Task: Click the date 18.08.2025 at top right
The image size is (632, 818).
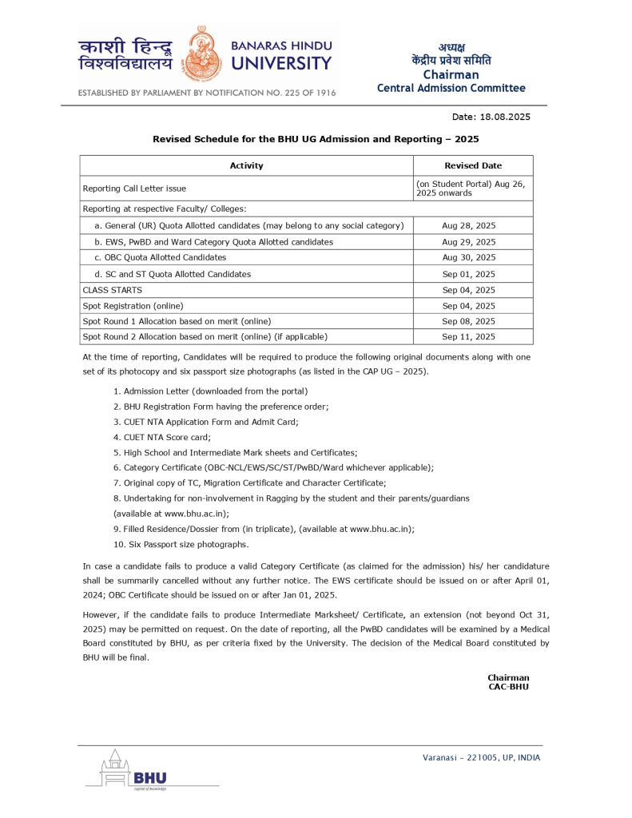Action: (x=502, y=117)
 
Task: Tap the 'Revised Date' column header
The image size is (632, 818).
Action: (x=473, y=165)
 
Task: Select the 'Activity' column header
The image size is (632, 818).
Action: (x=246, y=165)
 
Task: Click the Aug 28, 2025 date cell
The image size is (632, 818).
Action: (x=469, y=226)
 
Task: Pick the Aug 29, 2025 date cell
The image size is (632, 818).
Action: (x=469, y=242)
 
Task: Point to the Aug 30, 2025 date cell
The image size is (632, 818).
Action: (x=469, y=258)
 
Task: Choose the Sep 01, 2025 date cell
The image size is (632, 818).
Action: (x=469, y=274)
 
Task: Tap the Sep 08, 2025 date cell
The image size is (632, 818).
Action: (x=469, y=321)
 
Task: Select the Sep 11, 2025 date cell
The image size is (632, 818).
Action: (x=469, y=337)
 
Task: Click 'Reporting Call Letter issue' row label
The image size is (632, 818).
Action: (x=134, y=189)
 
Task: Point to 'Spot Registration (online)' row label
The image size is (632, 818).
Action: (x=133, y=306)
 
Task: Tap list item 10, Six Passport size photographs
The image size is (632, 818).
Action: (x=181, y=545)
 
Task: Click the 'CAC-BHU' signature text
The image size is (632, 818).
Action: (x=508, y=686)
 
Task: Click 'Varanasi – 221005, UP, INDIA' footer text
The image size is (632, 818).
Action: (x=481, y=757)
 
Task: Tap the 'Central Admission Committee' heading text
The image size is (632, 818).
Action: (x=451, y=88)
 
